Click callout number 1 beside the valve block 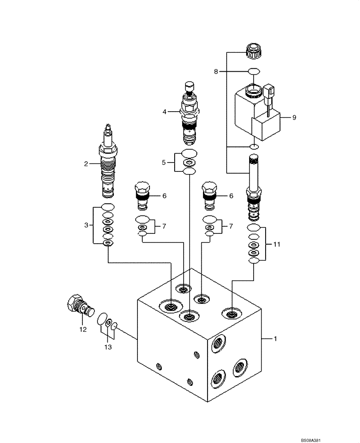tap(275, 339)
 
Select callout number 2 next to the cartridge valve tap(86, 164)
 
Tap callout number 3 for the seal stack tap(86, 225)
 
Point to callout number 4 tap(164, 112)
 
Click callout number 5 tap(164, 163)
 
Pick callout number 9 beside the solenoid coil tap(293, 117)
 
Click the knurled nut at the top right tap(254, 52)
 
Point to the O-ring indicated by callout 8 tap(254, 71)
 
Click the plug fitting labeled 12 tap(81, 306)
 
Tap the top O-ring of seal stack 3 tap(108, 206)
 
